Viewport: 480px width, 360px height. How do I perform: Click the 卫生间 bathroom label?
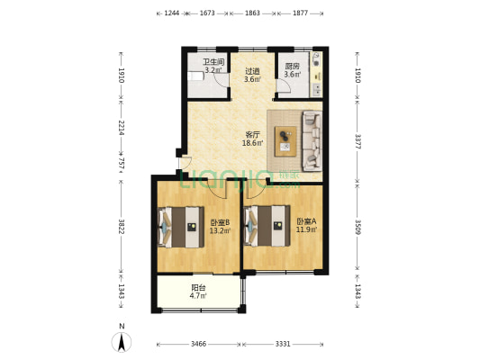[213, 62]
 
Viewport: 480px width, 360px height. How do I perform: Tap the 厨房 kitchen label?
[292, 66]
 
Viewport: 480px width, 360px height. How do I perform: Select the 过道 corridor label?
[252, 71]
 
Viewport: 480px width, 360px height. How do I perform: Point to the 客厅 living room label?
[252, 135]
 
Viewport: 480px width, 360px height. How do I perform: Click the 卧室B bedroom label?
[220, 222]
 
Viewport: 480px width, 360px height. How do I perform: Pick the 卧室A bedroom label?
[306, 220]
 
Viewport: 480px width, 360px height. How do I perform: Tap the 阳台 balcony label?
[198, 288]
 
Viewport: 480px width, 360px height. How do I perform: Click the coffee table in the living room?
[285, 141]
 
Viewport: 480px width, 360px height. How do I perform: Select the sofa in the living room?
[312, 141]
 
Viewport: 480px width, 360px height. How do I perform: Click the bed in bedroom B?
[181, 227]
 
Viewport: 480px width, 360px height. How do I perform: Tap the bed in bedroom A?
[267, 226]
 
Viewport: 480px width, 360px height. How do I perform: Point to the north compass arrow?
[122, 342]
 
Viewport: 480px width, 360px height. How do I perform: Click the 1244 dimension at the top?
[172, 13]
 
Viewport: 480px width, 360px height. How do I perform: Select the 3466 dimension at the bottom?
[198, 345]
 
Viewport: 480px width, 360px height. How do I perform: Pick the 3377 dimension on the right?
[358, 141]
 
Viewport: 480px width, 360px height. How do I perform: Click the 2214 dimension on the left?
[122, 128]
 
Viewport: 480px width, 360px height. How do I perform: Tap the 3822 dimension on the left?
[122, 226]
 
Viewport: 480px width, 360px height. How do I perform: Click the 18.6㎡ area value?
[252, 143]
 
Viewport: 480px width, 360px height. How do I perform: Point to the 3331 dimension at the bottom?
[283, 345]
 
